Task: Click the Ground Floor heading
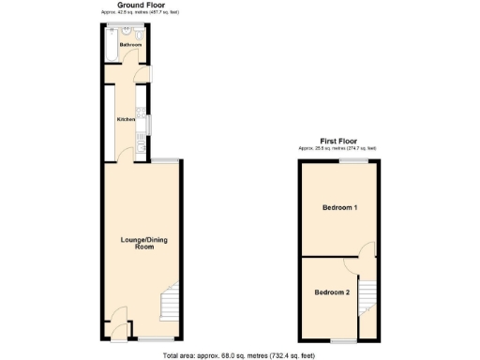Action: pyautogui.click(x=141, y=5)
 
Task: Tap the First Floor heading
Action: pyautogui.click(x=337, y=142)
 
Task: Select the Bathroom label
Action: pyautogui.click(x=130, y=45)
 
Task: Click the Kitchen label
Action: pyautogui.click(x=125, y=119)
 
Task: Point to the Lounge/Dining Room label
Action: pyautogui.click(x=143, y=243)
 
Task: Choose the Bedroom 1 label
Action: pyautogui.click(x=339, y=207)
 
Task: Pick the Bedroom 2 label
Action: pyautogui.click(x=332, y=292)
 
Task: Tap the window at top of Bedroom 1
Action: pyautogui.click(x=352, y=160)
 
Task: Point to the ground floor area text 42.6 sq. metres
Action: pyautogui.click(x=141, y=11)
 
